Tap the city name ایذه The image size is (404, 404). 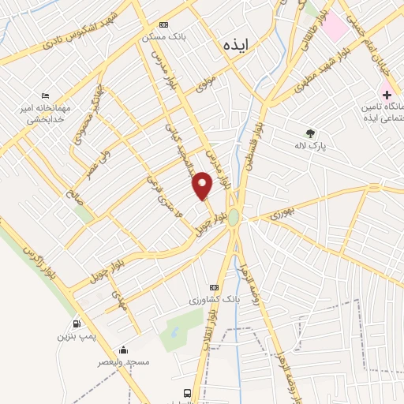236,45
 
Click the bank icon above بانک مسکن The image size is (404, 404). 163,24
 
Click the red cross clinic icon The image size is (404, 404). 387,94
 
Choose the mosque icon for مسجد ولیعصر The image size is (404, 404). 122,350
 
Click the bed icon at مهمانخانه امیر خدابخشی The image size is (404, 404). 44,95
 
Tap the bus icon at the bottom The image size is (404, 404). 187,393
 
